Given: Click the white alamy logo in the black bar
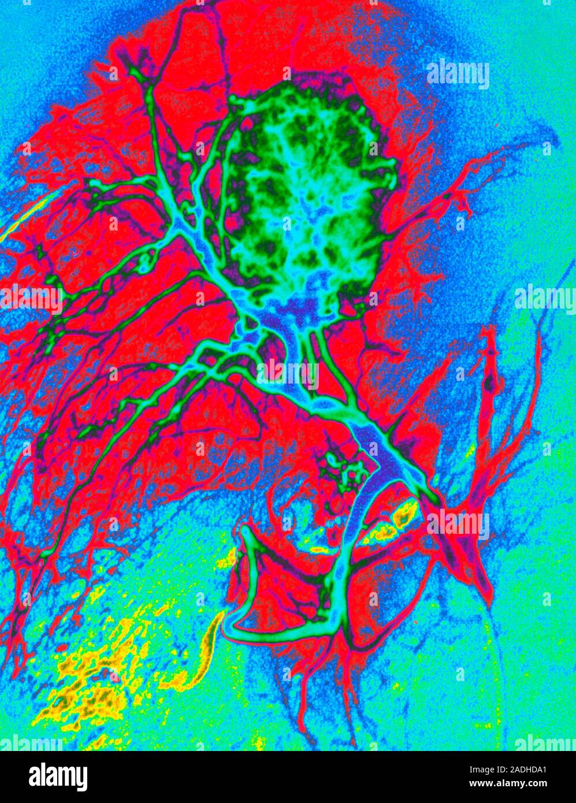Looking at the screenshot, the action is click(x=58, y=776).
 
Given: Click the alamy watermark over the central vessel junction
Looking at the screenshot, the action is click(x=287, y=374).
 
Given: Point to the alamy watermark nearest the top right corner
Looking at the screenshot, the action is click(x=458, y=74).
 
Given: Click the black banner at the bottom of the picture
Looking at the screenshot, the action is click(x=288, y=777).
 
